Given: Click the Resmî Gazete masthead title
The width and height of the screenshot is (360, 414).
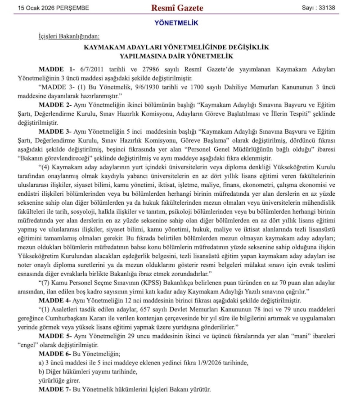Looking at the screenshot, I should click(177, 8).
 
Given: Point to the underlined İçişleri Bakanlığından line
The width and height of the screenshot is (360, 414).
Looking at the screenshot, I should click(69, 36).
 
